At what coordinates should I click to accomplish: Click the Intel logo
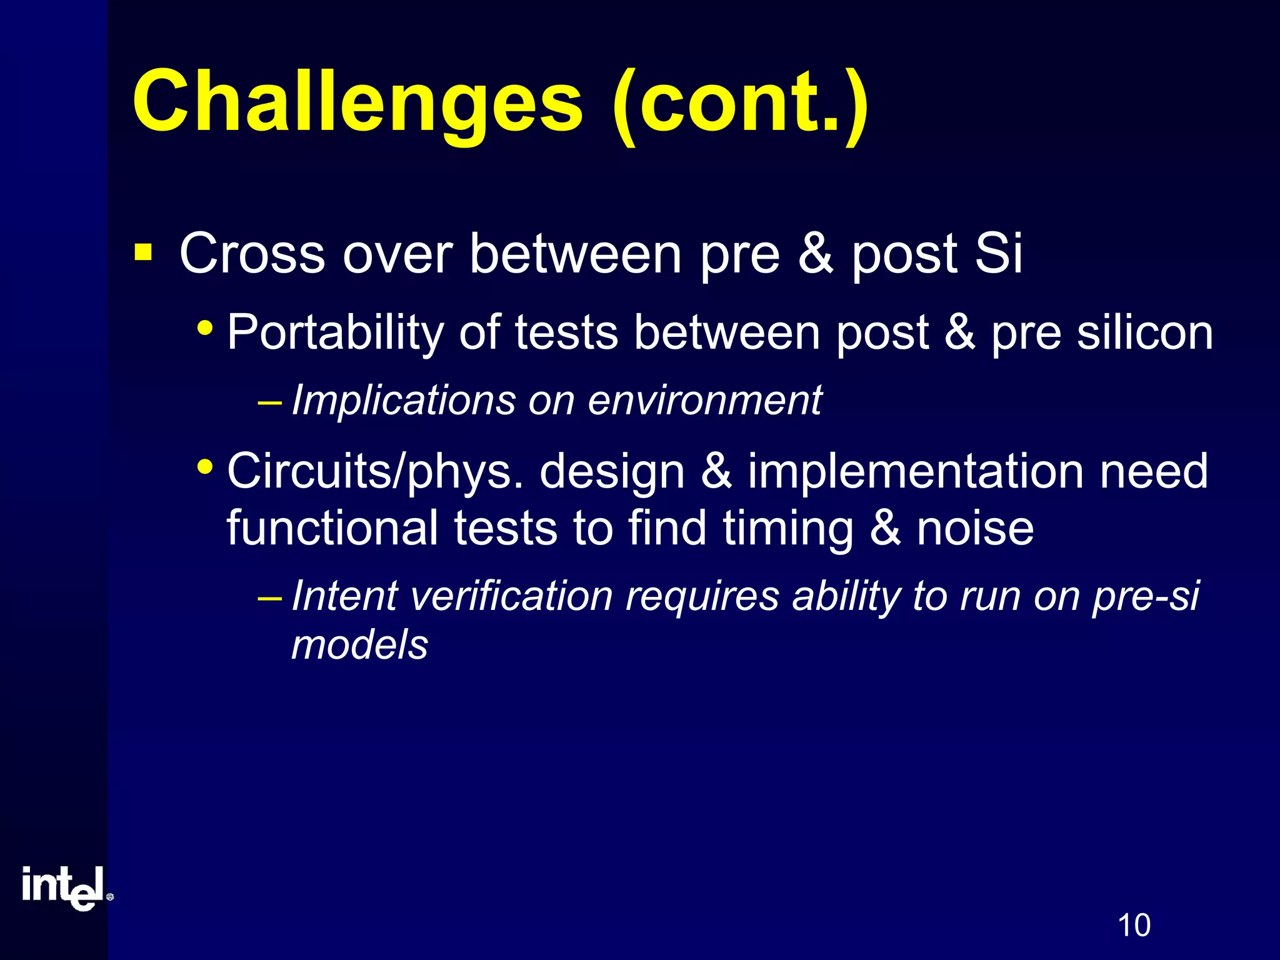(x=66, y=888)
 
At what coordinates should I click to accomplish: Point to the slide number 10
(x=1134, y=926)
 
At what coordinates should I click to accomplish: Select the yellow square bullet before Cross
(x=143, y=253)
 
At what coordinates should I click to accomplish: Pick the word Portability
(x=334, y=333)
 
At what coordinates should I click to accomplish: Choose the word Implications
(x=403, y=400)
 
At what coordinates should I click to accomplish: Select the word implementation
(x=916, y=472)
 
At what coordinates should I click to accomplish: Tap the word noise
(x=975, y=529)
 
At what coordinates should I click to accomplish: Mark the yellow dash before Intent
(x=269, y=597)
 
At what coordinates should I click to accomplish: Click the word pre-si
(x=1145, y=597)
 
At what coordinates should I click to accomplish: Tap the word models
(x=359, y=645)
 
